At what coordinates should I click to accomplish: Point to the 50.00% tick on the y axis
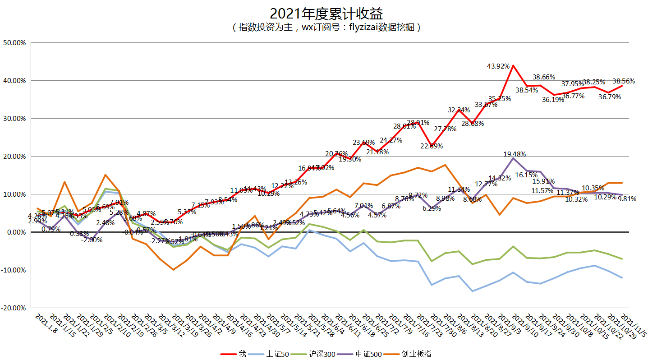click(15, 43)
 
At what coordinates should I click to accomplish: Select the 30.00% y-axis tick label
click(15, 119)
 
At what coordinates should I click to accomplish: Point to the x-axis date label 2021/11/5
click(634, 325)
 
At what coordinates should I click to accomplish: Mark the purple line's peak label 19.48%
click(515, 154)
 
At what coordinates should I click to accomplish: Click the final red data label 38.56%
click(624, 82)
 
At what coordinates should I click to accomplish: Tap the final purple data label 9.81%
click(627, 199)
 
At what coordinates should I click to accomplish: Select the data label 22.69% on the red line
click(432, 146)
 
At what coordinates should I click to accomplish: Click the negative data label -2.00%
click(92, 240)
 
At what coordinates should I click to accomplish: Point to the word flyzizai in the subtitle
click(363, 28)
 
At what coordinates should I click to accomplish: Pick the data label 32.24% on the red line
click(459, 110)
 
